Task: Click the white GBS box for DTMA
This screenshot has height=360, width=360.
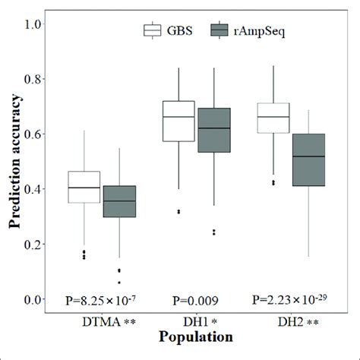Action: [84, 187]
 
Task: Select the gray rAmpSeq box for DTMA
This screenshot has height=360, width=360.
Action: [119, 201]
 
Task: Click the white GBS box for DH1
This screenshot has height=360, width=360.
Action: [179, 121]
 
